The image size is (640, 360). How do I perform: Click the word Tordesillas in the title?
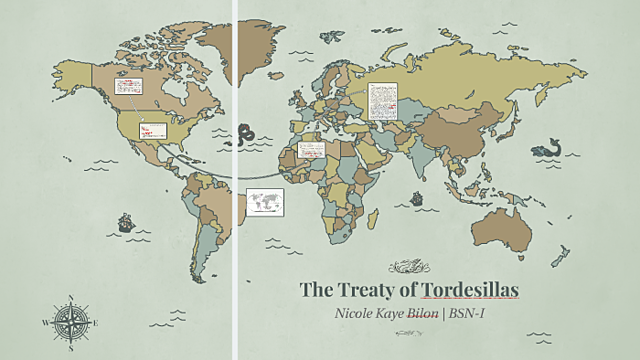click(x=471, y=290)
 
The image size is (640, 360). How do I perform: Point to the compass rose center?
click(x=73, y=322)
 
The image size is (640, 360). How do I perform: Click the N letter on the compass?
click(x=73, y=297)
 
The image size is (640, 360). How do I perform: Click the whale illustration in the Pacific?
click(x=545, y=150)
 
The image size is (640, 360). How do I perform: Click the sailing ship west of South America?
click(x=126, y=222)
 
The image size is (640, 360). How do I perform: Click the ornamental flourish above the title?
click(x=409, y=265)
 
